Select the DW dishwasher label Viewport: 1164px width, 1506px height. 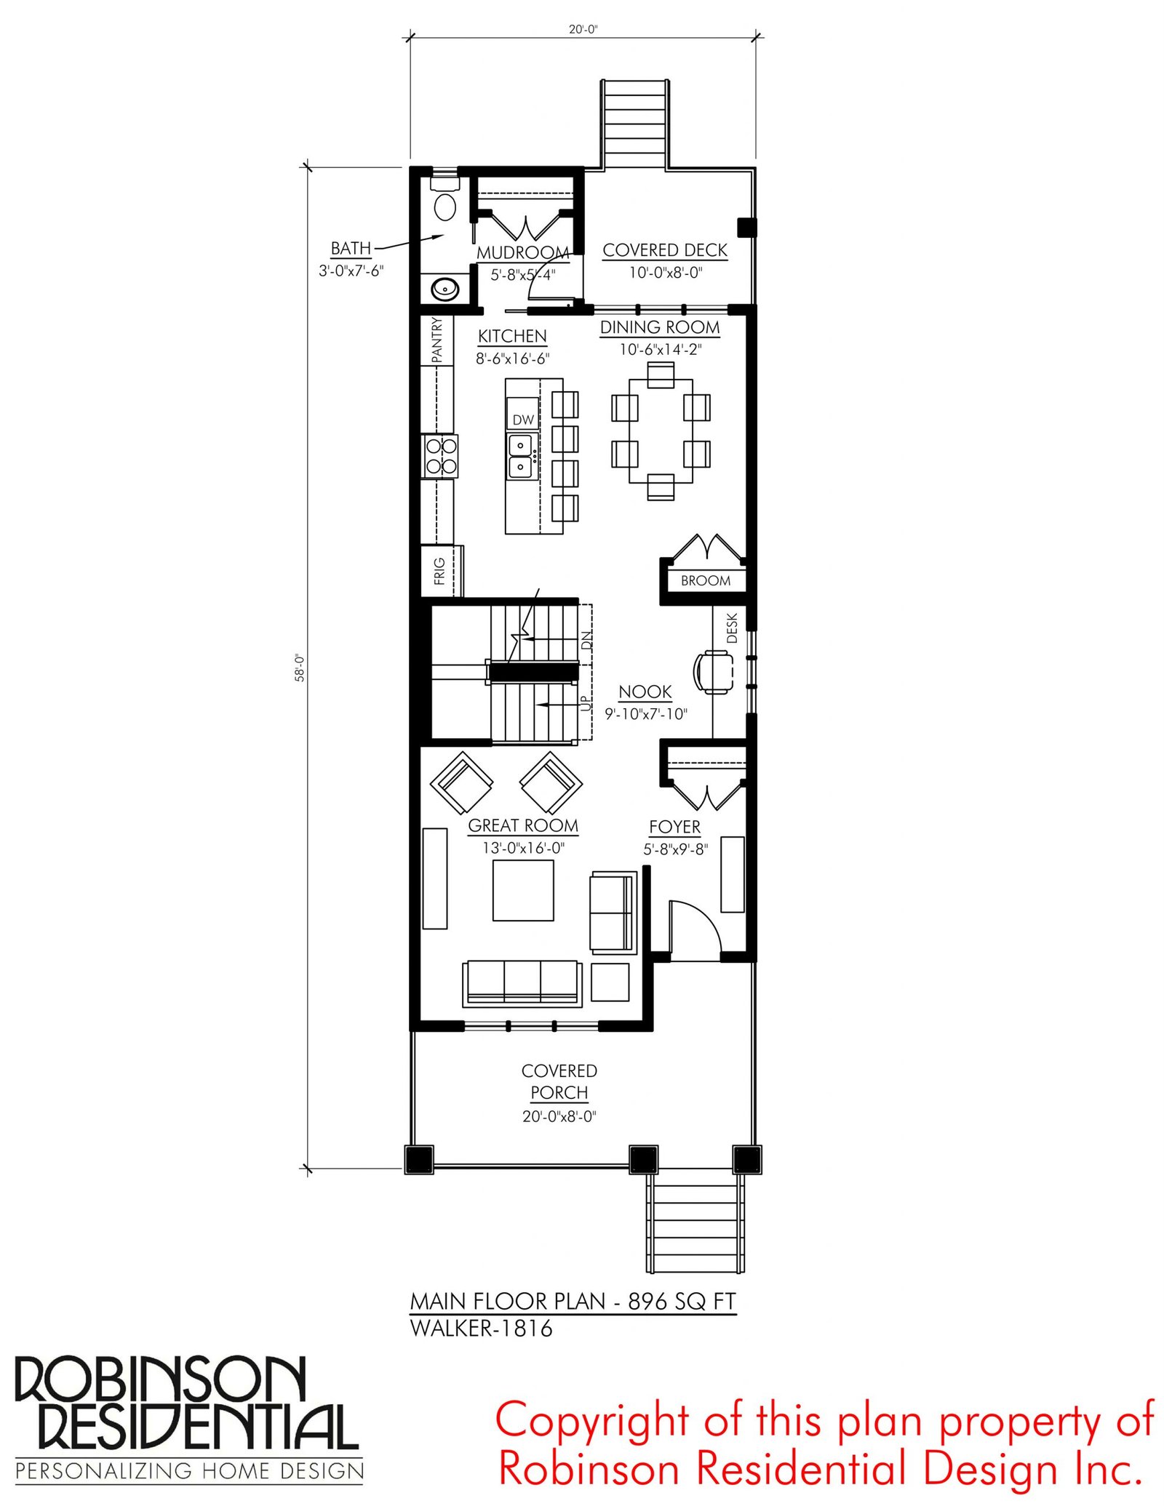point(523,420)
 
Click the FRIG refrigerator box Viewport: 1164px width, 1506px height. point(441,572)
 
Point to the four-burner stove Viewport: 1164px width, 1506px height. point(440,456)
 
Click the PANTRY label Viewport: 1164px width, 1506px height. point(436,340)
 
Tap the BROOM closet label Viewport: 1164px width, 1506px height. point(706,580)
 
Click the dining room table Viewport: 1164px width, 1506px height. point(661,431)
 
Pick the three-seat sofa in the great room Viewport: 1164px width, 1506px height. point(522,983)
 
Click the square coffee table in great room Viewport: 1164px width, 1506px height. point(523,891)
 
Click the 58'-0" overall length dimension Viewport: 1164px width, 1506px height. point(300,668)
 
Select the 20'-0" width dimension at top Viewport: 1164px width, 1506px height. point(583,29)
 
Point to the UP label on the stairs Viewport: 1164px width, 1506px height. point(586,703)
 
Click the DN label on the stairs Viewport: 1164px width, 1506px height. point(586,640)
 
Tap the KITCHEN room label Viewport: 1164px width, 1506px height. point(512,336)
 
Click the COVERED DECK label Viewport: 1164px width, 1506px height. point(665,250)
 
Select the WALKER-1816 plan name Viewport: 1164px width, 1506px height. point(482,1329)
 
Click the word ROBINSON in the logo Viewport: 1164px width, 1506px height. point(160,1379)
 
